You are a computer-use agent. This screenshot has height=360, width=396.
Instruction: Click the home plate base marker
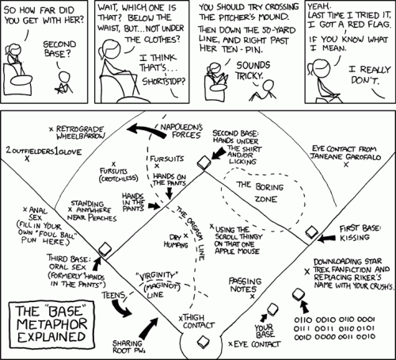[204, 342]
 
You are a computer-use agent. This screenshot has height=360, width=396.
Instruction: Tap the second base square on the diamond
[204, 162]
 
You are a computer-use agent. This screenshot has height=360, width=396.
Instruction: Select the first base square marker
[311, 232]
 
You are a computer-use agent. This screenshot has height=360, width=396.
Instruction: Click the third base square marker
[105, 249]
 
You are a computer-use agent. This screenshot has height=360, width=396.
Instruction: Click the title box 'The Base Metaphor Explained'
[51, 324]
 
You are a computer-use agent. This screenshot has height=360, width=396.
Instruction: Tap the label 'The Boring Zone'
[260, 192]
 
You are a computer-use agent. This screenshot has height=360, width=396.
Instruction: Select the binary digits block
[334, 328]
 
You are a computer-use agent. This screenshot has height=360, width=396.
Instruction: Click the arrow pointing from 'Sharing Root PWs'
[148, 328]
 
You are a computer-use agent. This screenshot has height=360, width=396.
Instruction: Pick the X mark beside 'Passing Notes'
[253, 297]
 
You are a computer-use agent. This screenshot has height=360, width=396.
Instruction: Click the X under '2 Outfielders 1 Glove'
[27, 159]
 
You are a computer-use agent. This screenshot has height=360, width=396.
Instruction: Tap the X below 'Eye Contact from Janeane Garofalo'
[346, 164]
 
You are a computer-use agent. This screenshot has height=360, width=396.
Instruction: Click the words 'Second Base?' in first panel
[59, 49]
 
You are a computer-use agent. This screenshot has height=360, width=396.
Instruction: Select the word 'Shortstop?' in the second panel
[164, 81]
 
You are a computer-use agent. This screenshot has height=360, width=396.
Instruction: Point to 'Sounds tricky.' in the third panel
[253, 71]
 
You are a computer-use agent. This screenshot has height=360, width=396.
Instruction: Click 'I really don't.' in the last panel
[369, 75]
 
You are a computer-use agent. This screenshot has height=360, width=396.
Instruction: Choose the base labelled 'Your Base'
[272, 309]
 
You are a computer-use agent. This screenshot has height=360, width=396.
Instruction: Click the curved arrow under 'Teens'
[120, 308]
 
